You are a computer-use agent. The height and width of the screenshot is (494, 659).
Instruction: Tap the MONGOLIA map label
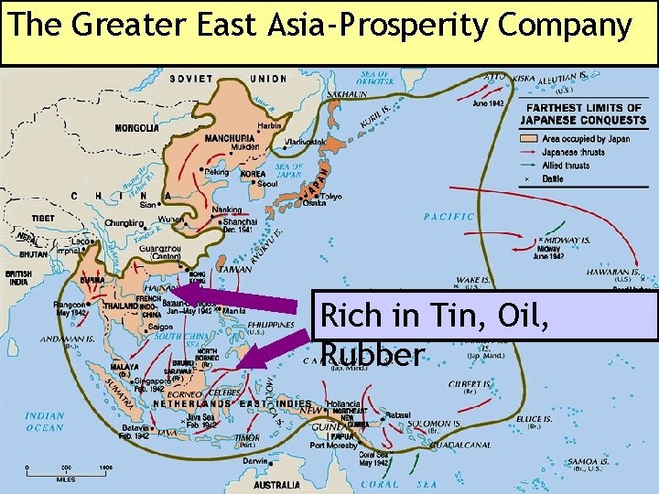[135, 129]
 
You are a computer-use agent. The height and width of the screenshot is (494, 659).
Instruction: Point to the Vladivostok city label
[303, 141]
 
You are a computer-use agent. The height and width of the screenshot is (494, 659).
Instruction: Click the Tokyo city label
[330, 196]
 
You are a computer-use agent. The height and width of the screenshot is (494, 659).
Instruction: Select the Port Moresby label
[333, 446]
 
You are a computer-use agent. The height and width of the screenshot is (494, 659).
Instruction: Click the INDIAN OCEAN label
[45, 422]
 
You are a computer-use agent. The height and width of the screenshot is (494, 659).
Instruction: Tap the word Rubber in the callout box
[373, 355]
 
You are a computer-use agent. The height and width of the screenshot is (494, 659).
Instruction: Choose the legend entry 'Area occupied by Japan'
[585, 139]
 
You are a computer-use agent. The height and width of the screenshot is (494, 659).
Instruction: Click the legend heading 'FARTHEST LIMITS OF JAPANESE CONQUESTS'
[584, 113]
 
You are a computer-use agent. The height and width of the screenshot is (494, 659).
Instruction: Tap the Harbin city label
[269, 125]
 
